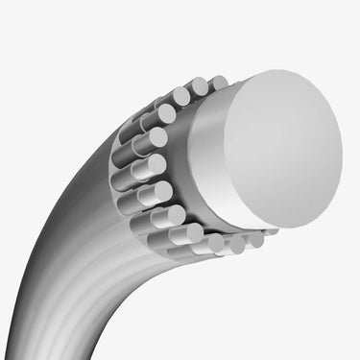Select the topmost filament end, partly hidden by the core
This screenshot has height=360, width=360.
pyautogui.click(x=219, y=83)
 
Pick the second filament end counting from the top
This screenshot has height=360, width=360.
pyautogui.click(x=200, y=87)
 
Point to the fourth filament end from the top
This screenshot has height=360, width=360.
pyautogui.click(x=166, y=113)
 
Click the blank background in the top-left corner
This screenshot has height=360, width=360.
pyautogui.click(x=19, y=19)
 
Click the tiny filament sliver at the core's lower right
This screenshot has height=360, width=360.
pyautogui.click(x=271, y=233)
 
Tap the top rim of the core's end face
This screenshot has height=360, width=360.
pyautogui.click(x=278, y=75)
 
